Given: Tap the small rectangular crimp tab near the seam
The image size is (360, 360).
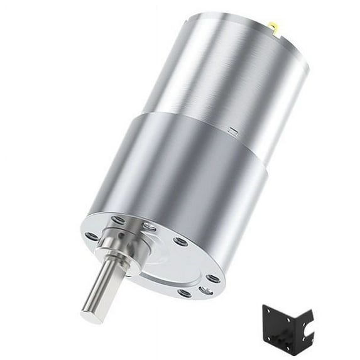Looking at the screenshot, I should click(x=232, y=132).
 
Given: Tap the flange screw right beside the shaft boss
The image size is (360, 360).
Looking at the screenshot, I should click(x=149, y=226).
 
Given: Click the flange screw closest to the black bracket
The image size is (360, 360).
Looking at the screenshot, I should click(x=205, y=290).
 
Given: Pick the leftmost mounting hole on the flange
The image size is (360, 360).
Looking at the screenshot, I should click(x=92, y=236).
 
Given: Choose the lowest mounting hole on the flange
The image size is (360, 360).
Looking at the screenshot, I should click(x=184, y=293).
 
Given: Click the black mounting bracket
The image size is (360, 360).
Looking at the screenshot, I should click(x=286, y=327).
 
